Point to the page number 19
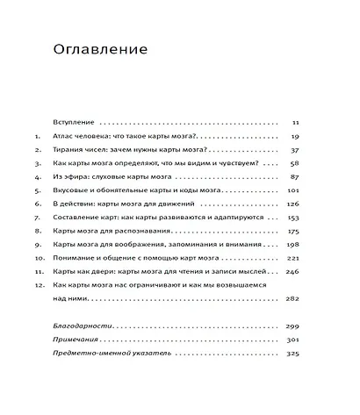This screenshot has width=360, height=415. point(295,138)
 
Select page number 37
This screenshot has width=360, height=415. point(295,151)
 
